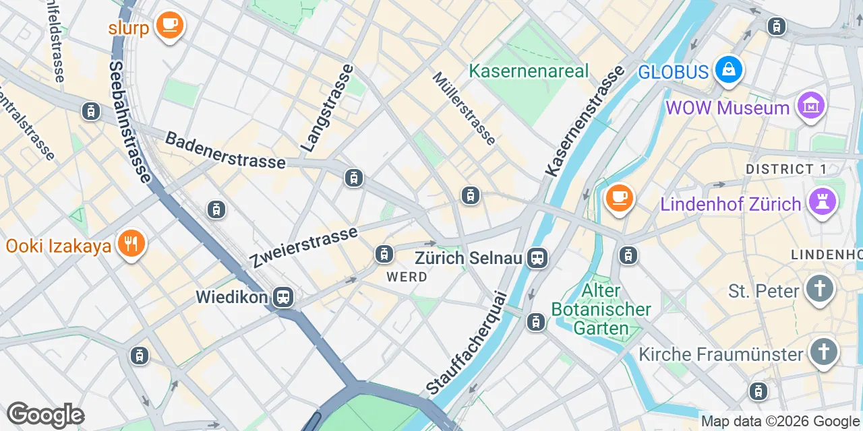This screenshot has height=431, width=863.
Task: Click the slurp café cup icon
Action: (169, 26)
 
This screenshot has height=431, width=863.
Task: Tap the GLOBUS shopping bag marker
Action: (729, 69)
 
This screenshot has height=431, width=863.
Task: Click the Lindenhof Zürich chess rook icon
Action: (823, 202)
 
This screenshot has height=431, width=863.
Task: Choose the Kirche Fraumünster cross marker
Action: (823, 352)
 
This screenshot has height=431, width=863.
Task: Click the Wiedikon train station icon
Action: (284, 297)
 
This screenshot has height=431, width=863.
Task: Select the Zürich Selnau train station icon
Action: (537, 257)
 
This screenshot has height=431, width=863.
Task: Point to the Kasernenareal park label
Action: (529, 71)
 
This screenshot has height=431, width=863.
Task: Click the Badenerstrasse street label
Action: (225, 151)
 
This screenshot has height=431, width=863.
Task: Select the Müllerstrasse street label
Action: (465, 108)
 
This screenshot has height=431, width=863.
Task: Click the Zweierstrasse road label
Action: (303, 247)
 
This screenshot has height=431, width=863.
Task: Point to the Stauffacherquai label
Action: (467, 343)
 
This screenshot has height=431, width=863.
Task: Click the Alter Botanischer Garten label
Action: (601, 310)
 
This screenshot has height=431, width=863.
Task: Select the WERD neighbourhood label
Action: (407, 277)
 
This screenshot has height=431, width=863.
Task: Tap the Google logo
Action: (45, 415)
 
